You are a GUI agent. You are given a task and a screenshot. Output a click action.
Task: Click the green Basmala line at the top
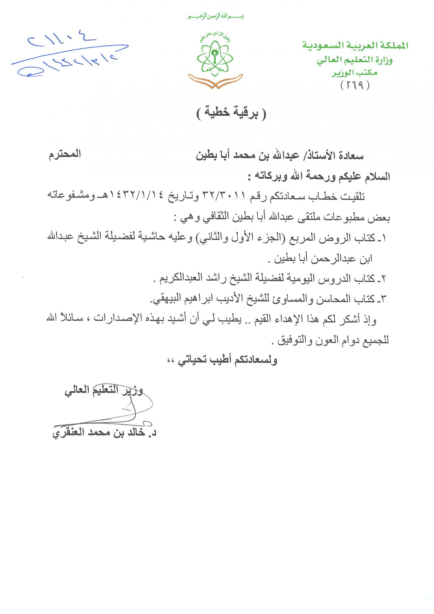(216, 16)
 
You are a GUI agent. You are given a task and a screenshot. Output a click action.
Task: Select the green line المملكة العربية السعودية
(355, 45)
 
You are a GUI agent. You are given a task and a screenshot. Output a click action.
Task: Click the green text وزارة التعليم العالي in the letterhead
(355, 60)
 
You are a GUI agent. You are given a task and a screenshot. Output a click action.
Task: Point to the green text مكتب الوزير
(355, 73)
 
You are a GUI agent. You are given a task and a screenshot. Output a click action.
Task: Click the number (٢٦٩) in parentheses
(355, 85)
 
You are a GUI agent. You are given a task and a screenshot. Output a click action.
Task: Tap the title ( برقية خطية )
(231, 112)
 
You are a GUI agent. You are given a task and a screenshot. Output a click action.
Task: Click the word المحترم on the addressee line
(65, 154)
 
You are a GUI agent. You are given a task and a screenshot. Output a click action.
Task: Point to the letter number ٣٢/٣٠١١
(224, 196)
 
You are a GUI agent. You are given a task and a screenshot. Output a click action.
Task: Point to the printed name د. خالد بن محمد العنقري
(104, 432)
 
